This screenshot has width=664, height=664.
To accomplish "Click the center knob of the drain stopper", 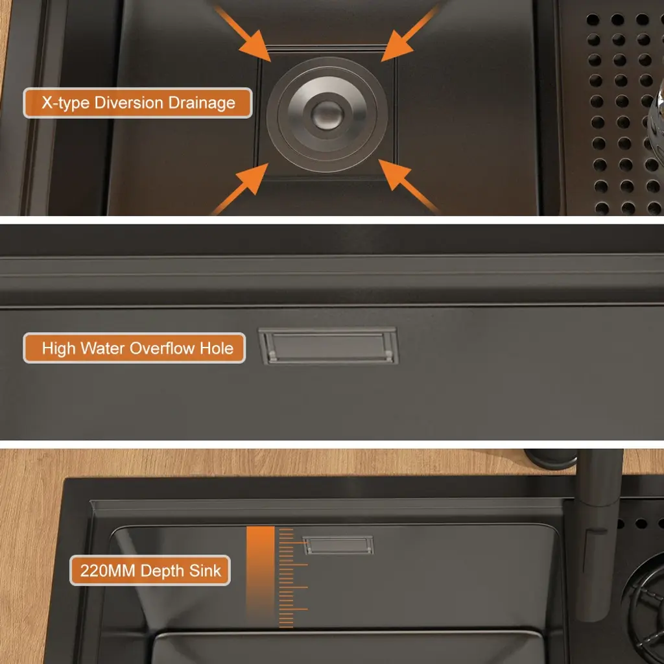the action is pos(327,114).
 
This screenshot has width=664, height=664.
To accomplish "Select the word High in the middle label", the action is pos(58,349).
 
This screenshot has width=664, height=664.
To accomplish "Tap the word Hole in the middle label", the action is pos(217,348).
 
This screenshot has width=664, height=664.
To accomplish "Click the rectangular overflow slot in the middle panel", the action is pos(328,346).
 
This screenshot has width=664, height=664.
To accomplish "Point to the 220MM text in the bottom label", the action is pos(108,571).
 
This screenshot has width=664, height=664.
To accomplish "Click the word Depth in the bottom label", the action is pos(162,571).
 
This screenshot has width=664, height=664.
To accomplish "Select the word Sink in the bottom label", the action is pos(205,571).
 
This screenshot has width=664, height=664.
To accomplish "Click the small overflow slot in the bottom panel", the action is pos(338,545).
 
